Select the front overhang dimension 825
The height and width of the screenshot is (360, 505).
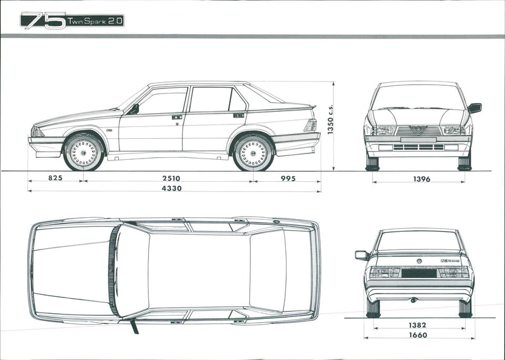(x=55, y=179)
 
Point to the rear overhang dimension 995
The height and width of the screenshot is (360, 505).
(x=287, y=179)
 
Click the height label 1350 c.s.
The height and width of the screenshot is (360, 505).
(x=330, y=119)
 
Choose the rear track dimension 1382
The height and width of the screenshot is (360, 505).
(x=417, y=325)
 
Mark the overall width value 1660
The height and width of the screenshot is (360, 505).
(x=417, y=335)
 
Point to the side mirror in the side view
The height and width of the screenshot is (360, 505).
(x=134, y=109)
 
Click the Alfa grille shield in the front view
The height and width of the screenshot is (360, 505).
(x=418, y=129)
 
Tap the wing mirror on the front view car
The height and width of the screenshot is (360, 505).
(x=474, y=108)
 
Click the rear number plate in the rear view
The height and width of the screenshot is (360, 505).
(x=419, y=273)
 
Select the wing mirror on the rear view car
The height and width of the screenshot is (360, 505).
(x=361, y=255)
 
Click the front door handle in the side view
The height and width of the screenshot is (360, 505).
(x=177, y=117)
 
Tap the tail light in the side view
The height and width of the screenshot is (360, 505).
(x=310, y=125)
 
